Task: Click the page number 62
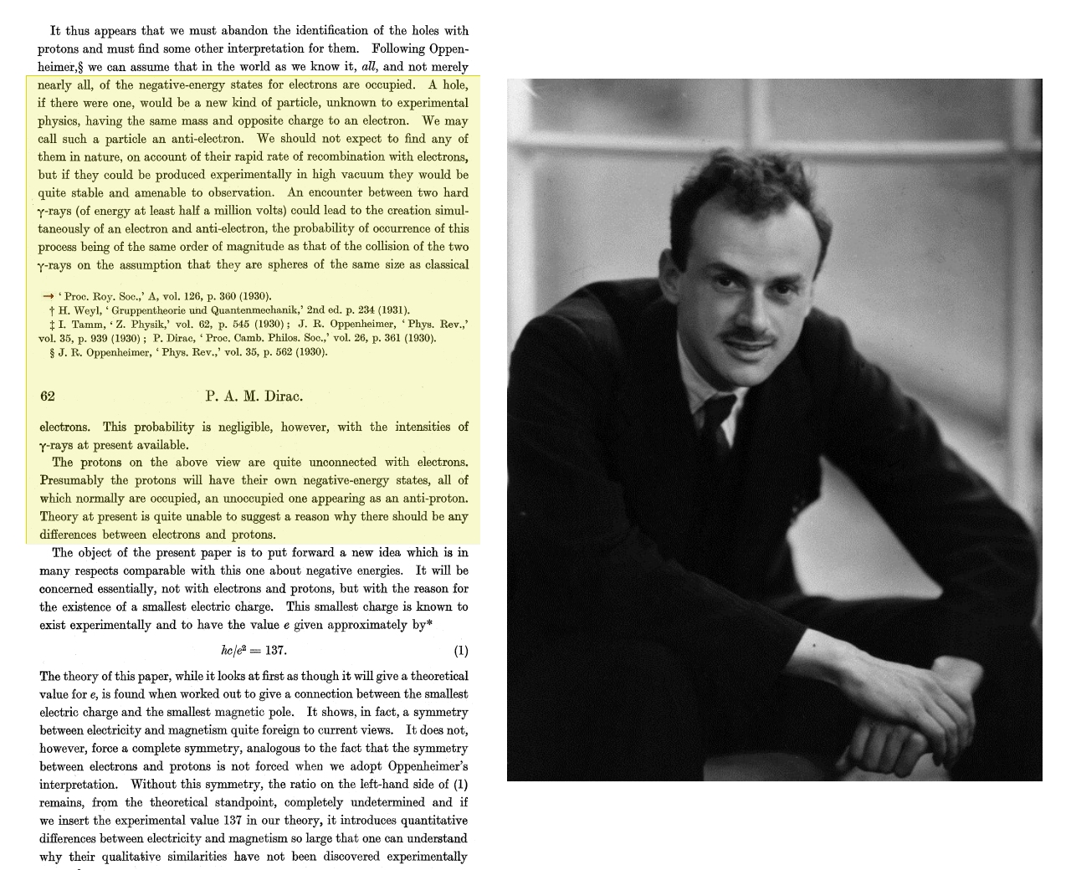(47, 397)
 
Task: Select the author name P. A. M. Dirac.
(254, 397)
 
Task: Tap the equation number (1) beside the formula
(460, 651)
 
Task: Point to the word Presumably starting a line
(72, 480)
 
